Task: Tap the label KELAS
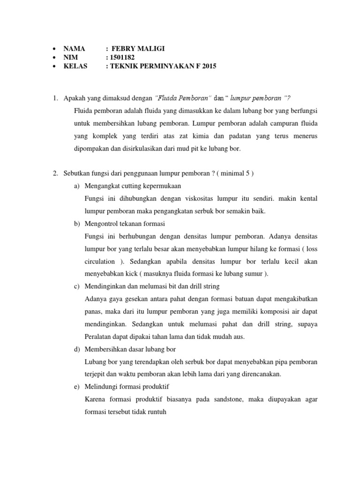75,67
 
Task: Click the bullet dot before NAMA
55,49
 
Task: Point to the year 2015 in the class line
208,67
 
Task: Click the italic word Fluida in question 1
166,97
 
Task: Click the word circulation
99,261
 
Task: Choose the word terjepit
97,374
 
